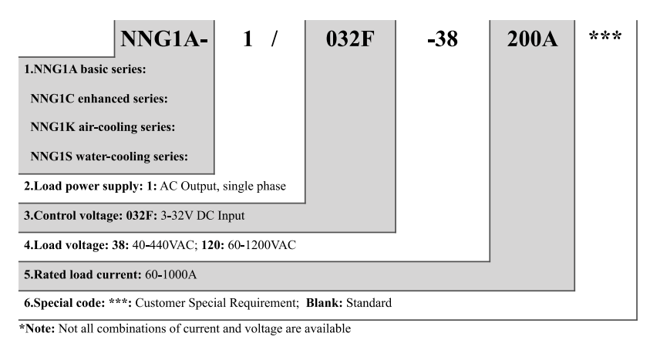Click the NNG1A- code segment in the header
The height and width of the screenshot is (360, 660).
pos(162,38)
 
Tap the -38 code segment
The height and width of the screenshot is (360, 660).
pos(442,38)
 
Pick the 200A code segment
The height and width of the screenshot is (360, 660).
pos(534,38)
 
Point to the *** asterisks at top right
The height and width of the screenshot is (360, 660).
pos(606,37)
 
